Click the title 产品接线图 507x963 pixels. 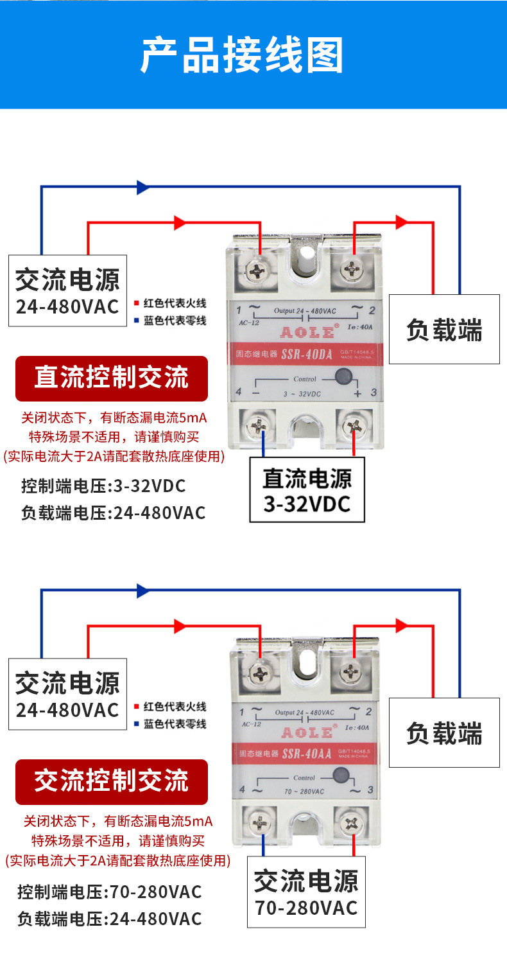click(242, 56)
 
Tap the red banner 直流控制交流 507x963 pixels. click(111, 378)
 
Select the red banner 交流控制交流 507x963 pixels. click(111, 781)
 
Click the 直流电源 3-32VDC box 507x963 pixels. click(307, 490)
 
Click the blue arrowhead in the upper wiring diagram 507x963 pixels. click(142, 187)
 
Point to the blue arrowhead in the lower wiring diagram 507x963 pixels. click(142, 590)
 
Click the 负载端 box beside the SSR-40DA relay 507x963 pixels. click(444, 330)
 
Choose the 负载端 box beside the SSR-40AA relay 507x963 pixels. click(444, 732)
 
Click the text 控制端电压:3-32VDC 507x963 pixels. click(103, 486)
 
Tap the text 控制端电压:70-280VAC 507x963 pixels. click(109, 892)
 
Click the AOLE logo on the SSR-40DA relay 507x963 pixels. click(305, 332)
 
